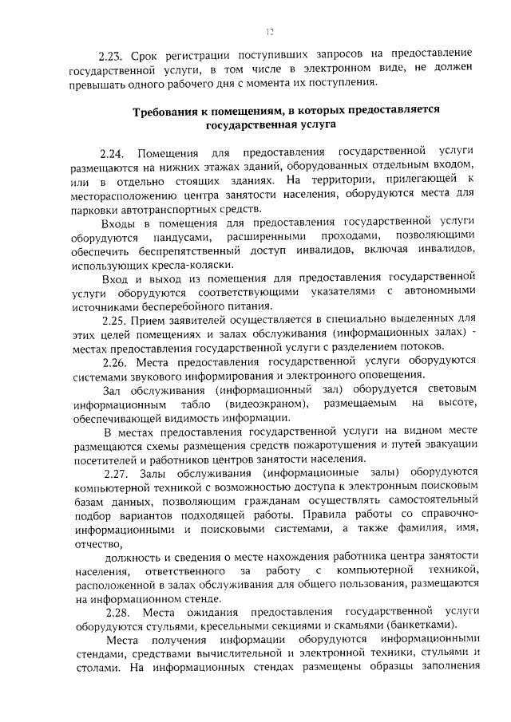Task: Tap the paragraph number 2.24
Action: click(x=113, y=152)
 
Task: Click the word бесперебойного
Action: click(x=170, y=306)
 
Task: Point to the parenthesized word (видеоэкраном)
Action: click(x=256, y=404)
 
